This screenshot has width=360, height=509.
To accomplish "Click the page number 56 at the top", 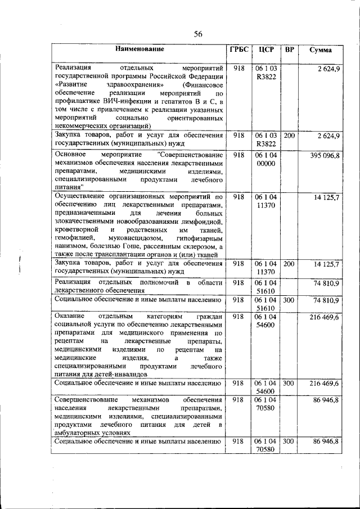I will (x=198, y=34).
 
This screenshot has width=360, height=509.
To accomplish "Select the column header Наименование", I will (x=140, y=49).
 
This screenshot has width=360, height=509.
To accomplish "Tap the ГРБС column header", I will (x=238, y=49).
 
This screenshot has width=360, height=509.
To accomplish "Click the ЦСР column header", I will (x=265, y=49).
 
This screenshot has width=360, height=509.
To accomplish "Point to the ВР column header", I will (x=289, y=49).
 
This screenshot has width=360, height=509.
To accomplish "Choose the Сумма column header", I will (x=320, y=50).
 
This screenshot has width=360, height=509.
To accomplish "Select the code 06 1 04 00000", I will (x=265, y=159).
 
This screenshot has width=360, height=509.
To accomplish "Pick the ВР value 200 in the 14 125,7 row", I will (x=289, y=263).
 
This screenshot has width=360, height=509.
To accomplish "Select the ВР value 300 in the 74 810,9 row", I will (x=289, y=300).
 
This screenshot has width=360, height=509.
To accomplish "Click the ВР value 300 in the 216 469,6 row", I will (x=289, y=383).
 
